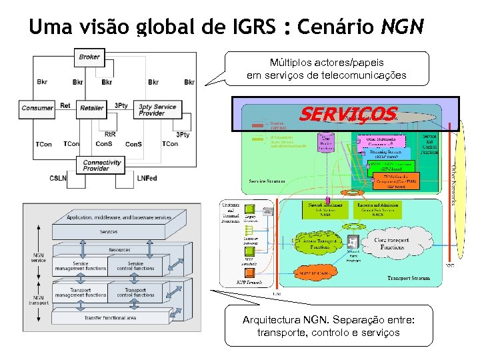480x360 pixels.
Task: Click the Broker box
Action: click(x=89, y=57)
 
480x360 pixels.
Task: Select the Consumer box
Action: click(x=37, y=107)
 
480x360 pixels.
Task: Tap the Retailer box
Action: click(x=92, y=107)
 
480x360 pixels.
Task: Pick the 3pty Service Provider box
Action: click(x=157, y=110)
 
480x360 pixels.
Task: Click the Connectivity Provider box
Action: click(x=102, y=165)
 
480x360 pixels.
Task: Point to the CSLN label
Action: click(x=58, y=178)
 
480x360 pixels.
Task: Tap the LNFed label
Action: click(x=147, y=178)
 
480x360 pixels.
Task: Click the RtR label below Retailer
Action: click(x=111, y=134)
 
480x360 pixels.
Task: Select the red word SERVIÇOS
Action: click(x=347, y=114)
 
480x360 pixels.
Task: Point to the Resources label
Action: click(x=119, y=250)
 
